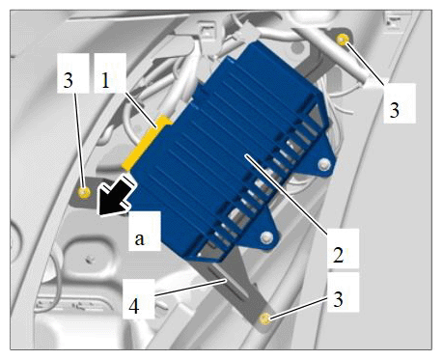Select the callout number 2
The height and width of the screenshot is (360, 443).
tap(339, 255)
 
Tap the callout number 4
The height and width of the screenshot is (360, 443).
tap(134, 306)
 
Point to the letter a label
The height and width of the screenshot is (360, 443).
tap(139, 239)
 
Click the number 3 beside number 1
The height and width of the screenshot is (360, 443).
tap(69, 80)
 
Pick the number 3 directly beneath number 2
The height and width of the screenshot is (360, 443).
tap(338, 299)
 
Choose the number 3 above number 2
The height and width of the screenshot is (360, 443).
tap(395, 110)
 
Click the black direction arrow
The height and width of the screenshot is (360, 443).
tap(116, 199)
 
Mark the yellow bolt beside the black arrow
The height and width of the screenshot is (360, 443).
tap(84, 193)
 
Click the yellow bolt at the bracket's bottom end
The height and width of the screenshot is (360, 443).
tap(264, 318)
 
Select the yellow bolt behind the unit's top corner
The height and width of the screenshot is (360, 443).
tap(343, 40)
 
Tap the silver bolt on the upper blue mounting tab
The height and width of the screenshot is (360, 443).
tap(322, 165)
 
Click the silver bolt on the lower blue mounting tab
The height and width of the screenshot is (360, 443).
tap(266, 237)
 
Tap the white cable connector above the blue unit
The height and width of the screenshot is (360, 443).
tap(248, 32)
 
